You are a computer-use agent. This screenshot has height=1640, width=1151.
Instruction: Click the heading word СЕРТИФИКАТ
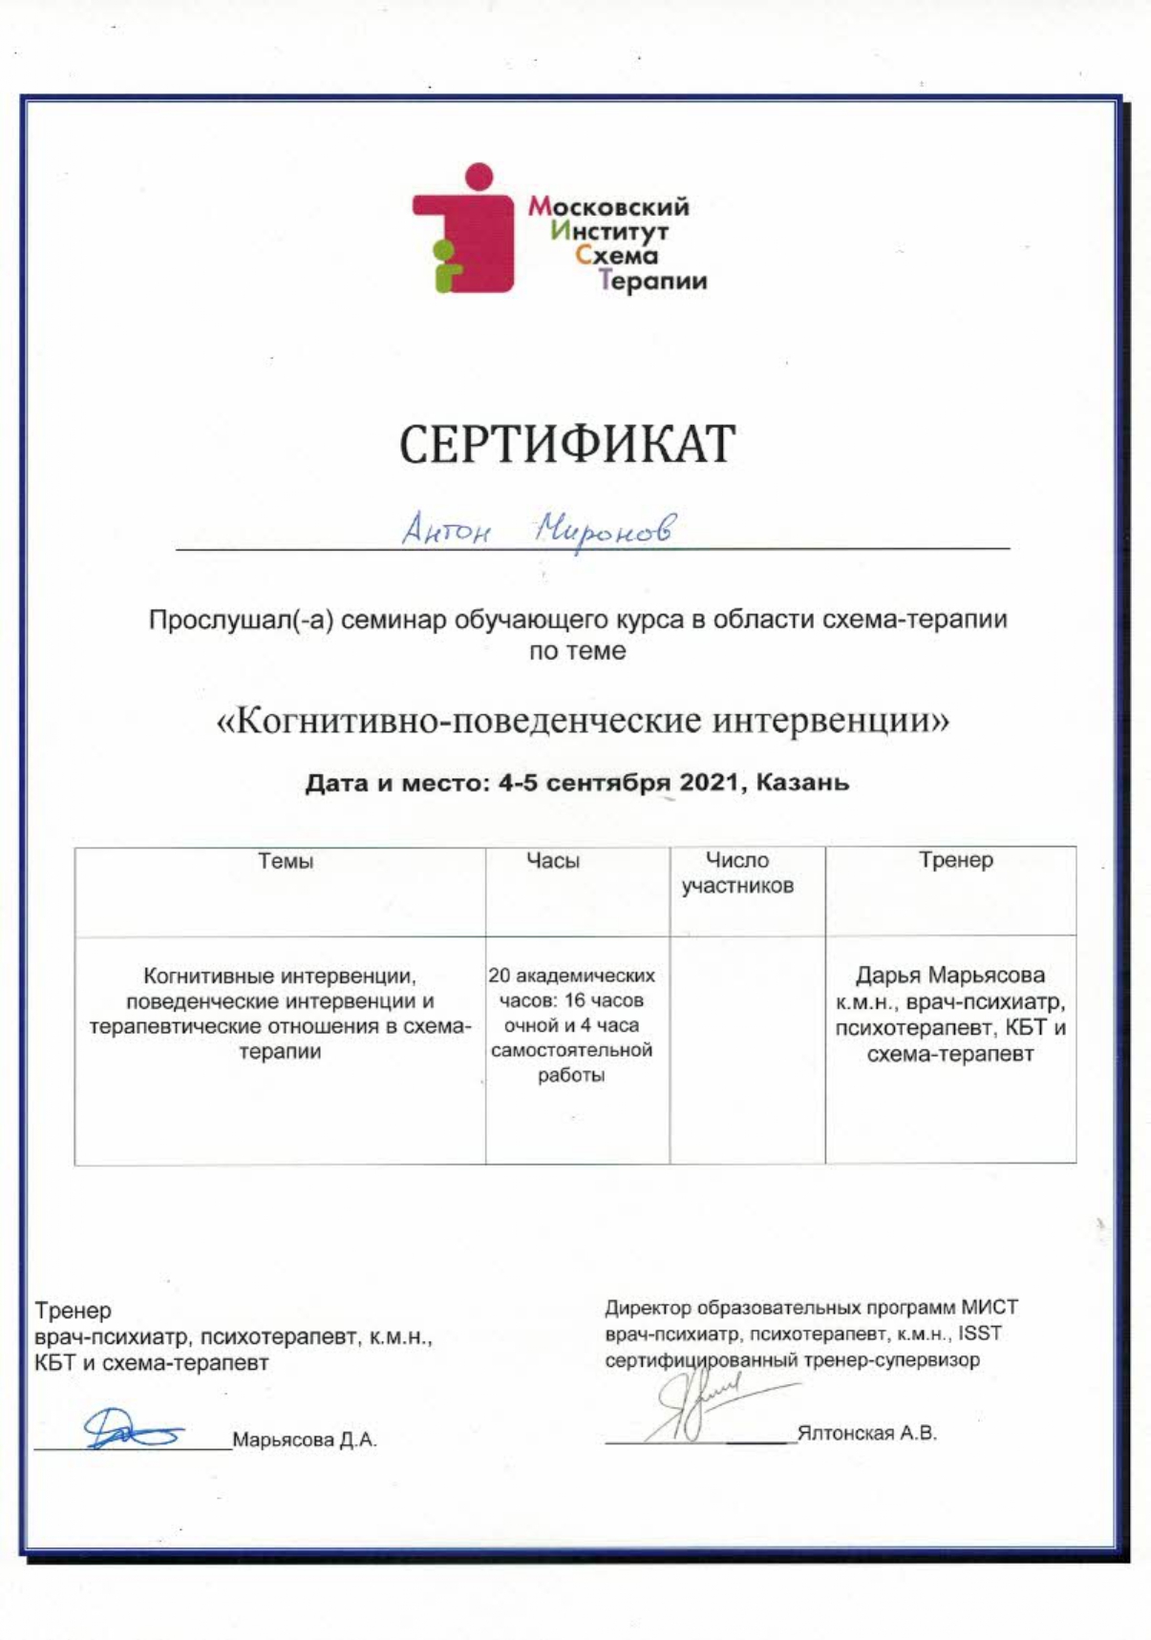567,444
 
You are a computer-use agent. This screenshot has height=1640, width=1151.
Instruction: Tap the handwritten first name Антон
444,528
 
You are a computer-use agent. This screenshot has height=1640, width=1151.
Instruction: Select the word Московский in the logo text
608,206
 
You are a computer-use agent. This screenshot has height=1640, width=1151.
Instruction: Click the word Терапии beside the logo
652,281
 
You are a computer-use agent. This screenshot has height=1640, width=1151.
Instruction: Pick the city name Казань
802,783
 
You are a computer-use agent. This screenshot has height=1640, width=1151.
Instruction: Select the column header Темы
286,861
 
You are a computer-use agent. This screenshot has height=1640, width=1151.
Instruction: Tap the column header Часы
553,861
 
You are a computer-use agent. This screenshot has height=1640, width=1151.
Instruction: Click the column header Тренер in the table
955,860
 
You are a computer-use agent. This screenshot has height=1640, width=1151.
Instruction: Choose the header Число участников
737,873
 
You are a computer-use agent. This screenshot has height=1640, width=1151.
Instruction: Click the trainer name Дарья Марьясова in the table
949,976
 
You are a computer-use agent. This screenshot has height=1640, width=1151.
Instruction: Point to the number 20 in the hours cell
500,976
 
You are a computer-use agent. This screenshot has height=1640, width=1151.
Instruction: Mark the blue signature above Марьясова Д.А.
133,1429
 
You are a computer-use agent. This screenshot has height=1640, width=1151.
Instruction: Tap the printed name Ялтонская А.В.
866,1433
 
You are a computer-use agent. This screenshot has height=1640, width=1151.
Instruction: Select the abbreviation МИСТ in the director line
989,1307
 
